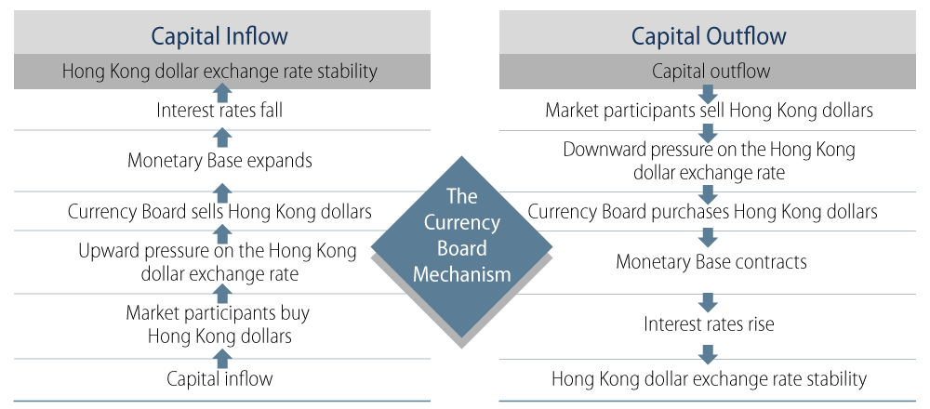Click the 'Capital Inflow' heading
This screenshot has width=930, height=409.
[219, 35]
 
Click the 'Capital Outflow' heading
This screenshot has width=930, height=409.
[708, 35]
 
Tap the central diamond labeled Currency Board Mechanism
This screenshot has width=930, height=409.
[461, 249]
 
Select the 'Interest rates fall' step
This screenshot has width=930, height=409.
[219, 111]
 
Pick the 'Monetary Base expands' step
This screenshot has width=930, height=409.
[219, 161]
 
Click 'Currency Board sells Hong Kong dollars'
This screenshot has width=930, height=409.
[219, 212]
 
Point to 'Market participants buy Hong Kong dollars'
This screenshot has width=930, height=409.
[219, 324]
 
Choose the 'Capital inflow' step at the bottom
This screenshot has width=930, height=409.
[219, 378]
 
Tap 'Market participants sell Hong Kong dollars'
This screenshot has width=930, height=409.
[709, 111]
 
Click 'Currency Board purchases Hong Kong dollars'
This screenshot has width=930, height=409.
[702, 212]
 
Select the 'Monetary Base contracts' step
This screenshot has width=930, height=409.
[711, 261]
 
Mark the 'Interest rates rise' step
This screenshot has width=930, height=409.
[709, 323]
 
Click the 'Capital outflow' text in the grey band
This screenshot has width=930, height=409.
[711, 72]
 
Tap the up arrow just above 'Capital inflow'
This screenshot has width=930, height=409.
[222, 359]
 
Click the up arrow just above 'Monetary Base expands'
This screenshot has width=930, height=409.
[222, 138]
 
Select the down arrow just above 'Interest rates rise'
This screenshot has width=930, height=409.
[708, 302]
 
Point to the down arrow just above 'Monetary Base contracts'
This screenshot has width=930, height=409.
[708, 237]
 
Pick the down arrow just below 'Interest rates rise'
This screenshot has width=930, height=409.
[708, 354]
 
